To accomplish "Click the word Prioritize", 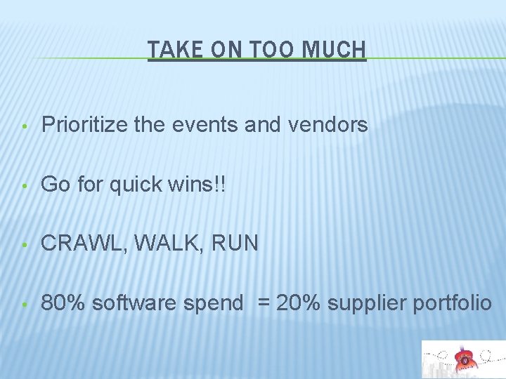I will coord(85,125).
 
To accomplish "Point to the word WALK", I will coord(156,244).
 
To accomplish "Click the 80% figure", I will coord(63,303).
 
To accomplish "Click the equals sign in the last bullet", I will coord(263,303).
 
